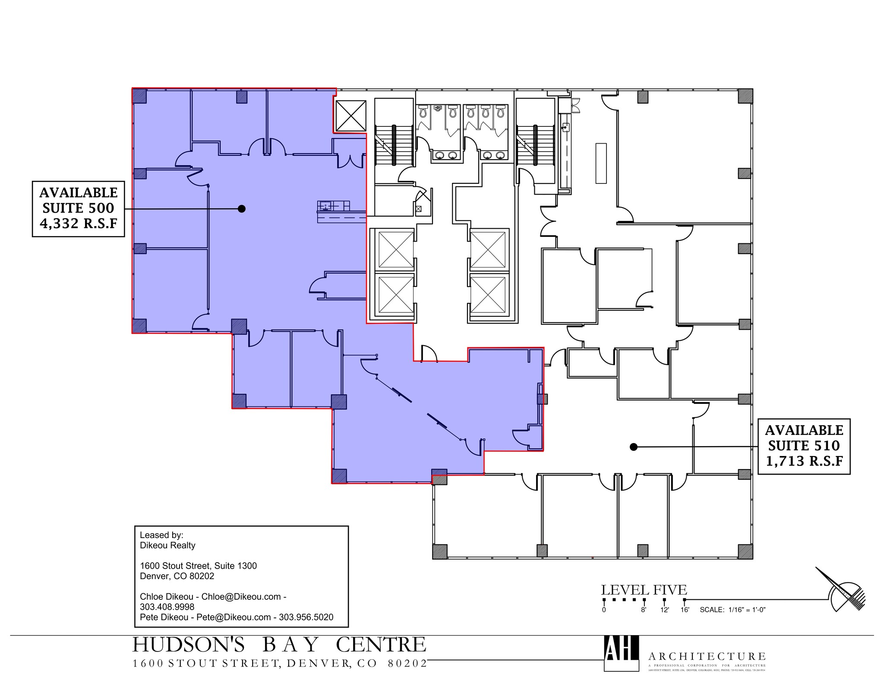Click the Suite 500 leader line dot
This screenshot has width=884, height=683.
pos(242,209)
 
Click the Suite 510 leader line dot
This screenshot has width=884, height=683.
pos(633,447)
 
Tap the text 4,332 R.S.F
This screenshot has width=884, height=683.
pos(78,223)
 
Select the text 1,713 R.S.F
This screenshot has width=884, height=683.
pos(804,461)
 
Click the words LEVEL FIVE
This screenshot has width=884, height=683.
pos(644,590)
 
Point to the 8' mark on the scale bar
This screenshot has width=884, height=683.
pos(644,600)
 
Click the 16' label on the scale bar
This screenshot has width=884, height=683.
pos(685,610)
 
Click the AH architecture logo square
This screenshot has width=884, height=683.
pos(621,653)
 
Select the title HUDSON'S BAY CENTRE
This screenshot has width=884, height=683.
pos(279,645)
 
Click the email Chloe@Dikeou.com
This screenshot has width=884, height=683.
pos(241,597)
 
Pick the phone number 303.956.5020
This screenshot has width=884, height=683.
pos(306,617)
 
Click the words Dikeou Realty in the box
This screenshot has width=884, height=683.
pos(167,545)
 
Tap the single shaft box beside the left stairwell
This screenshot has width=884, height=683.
pos(350,116)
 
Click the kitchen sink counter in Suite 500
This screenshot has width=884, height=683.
pos(333,206)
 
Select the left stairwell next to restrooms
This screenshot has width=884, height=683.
pos(394,145)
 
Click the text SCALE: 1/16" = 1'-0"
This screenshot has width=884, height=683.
pos(732,610)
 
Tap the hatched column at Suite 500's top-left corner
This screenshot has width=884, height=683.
pos(139,96)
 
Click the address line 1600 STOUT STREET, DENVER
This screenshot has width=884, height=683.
pos(280,663)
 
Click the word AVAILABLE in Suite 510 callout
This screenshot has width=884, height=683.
pos(804,430)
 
